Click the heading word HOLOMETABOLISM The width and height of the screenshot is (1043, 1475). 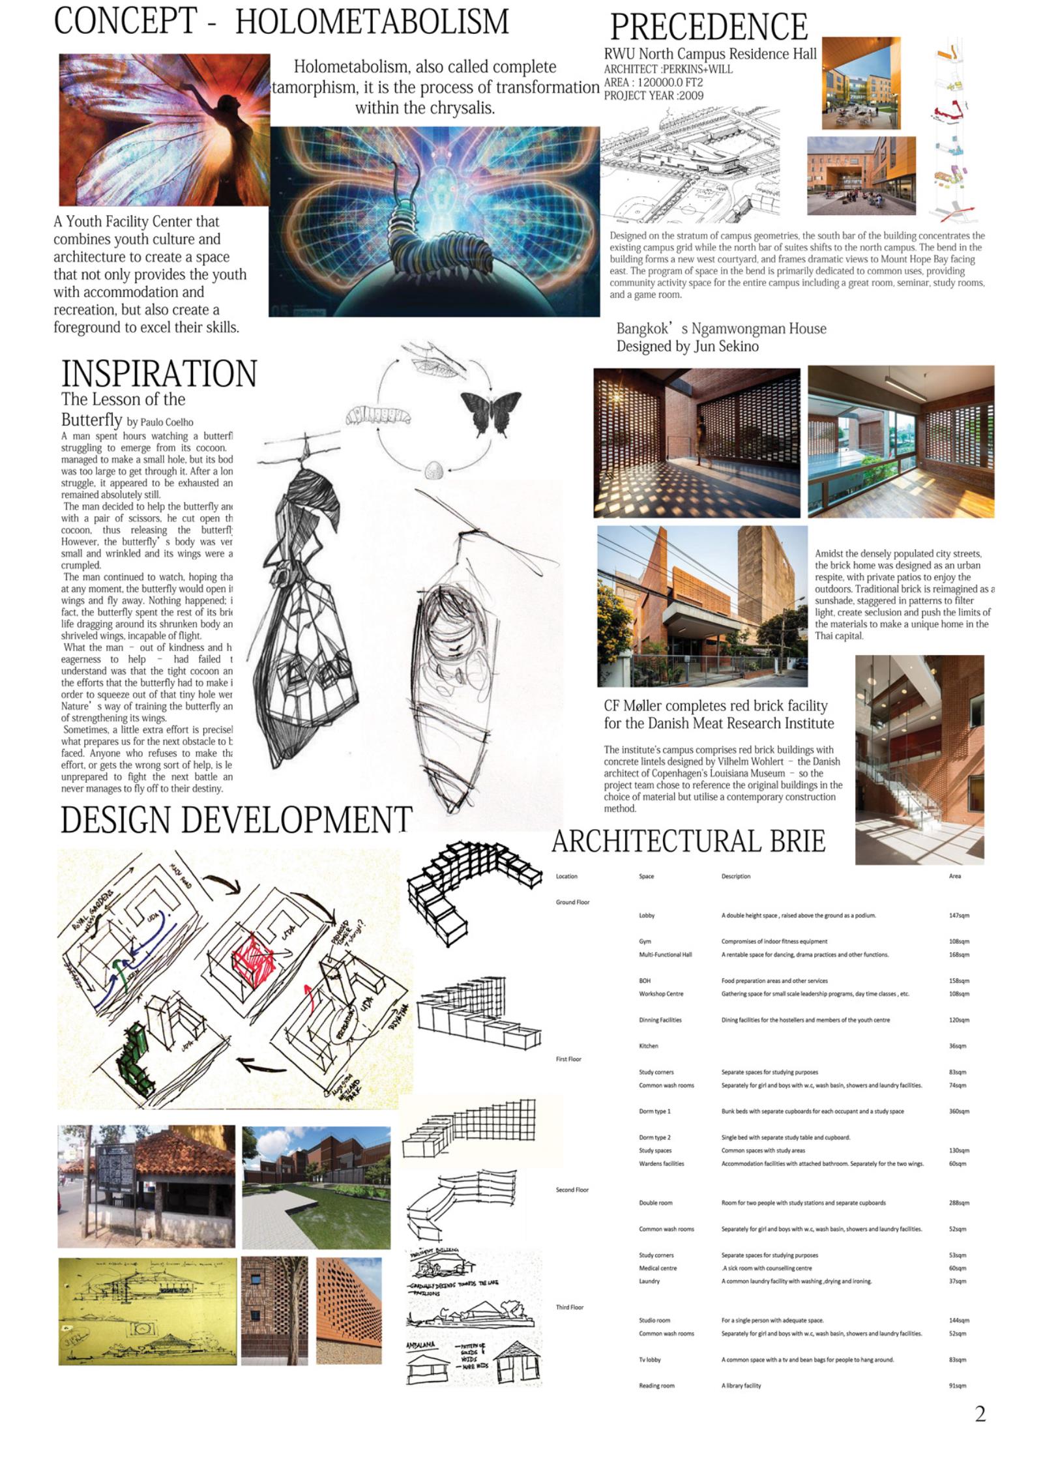[372, 23]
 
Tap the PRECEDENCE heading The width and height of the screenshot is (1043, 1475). [709, 27]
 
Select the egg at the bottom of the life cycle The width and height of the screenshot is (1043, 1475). [433, 469]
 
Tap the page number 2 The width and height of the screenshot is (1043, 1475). [980, 1414]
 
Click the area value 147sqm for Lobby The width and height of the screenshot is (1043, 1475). [958, 915]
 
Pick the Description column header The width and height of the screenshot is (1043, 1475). [735, 876]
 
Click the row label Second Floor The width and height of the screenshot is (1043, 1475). [572, 1190]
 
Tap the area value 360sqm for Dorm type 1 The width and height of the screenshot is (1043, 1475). [958, 1111]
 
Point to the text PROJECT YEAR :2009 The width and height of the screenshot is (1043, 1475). [653, 96]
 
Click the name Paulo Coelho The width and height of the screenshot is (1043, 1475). [166, 422]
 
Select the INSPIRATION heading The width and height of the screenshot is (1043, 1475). [159, 373]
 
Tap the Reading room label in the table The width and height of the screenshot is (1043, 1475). [656, 1385]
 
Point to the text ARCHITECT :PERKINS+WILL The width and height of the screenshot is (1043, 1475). [668, 69]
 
